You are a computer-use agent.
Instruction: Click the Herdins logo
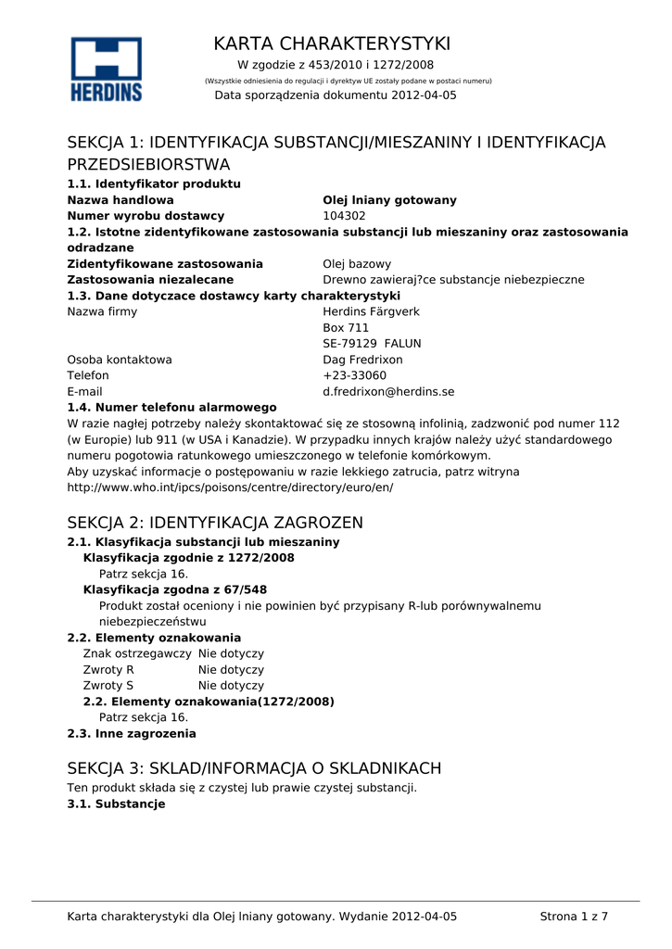point(107,69)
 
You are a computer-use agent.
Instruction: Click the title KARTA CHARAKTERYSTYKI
point(332,44)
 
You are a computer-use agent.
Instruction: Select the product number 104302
point(344,216)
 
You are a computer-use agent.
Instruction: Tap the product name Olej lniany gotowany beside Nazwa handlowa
point(389,200)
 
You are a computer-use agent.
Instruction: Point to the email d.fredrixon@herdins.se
point(388,392)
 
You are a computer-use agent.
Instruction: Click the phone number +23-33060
point(354,375)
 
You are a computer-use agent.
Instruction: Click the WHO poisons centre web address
point(230,487)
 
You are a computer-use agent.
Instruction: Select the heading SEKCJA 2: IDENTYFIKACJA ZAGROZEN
point(215,523)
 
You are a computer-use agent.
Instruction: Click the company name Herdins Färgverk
point(371,311)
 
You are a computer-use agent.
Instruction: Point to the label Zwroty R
point(108,670)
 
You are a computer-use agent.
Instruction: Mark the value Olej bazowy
point(357,264)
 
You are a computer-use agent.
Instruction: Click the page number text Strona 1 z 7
point(574,917)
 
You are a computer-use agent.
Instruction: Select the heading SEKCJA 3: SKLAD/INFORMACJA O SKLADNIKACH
point(255,768)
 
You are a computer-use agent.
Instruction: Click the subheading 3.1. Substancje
point(116,804)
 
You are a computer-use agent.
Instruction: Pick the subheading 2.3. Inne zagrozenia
point(132,734)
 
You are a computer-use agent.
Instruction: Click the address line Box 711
point(346,328)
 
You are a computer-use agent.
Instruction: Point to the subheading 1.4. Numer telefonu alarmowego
point(172,407)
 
